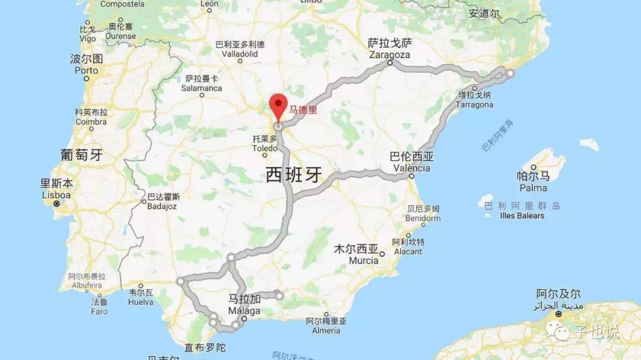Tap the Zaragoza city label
pos(389,54)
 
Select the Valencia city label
pos(411,168)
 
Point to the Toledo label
pos(265,148)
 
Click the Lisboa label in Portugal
pos(56,195)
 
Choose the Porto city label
pos(87,70)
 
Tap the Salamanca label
pos(202,88)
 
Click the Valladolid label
pos(240,53)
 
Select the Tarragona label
pos(474,104)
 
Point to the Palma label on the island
pos(533,188)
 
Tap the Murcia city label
pos(364,260)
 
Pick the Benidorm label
pos(423,218)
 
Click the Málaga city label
pos(244,311)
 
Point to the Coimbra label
pos(91,122)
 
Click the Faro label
pos(99,311)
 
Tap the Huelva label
pos(141,302)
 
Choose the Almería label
pos(326,330)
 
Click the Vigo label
pos(87,39)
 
